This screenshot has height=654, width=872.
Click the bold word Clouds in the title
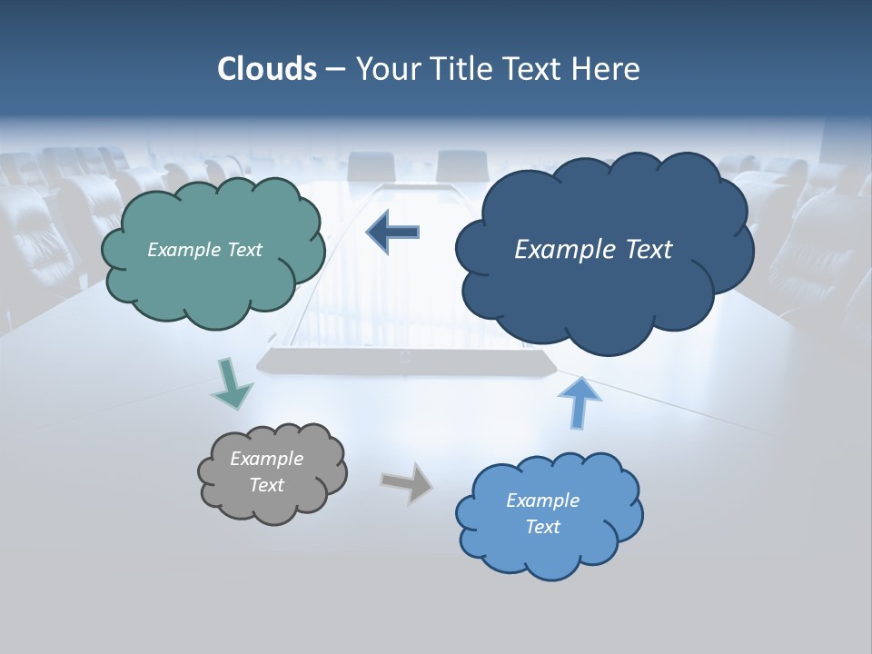(x=267, y=69)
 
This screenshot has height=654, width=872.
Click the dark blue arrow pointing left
(x=392, y=232)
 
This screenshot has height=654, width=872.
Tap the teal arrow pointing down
(x=231, y=385)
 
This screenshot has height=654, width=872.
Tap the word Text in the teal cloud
(x=243, y=250)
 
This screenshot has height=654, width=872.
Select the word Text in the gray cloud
(x=266, y=485)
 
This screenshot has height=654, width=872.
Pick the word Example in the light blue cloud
(x=542, y=500)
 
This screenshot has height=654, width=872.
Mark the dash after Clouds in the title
(x=335, y=70)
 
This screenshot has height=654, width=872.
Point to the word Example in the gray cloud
(x=266, y=459)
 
